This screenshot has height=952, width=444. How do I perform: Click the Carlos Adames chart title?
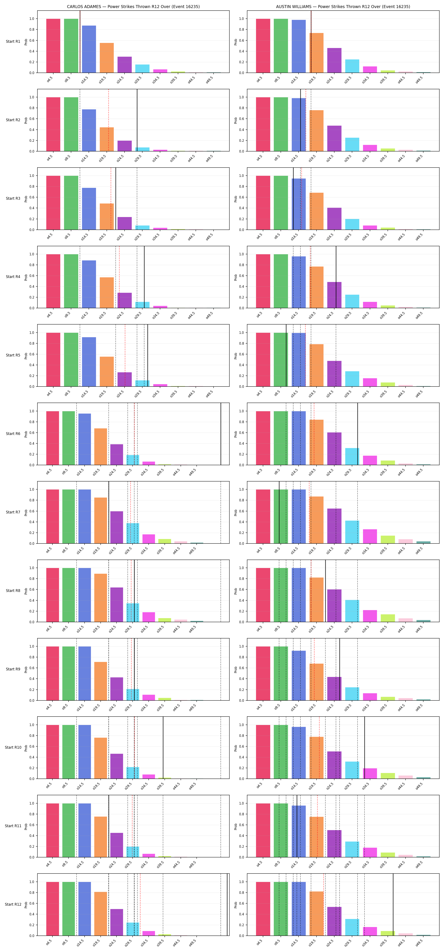pyautogui.click(x=133, y=7)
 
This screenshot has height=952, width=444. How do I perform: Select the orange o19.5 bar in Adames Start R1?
pyautogui.click(x=107, y=58)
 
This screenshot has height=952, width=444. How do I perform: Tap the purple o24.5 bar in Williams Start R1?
pyautogui.click(x=334, y=60)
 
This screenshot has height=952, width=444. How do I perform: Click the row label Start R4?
pyautogui.click(x=13, y=277)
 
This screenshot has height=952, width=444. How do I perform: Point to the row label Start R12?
pyautogui.click(x=13, y=904)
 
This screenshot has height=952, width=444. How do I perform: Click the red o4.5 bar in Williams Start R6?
pyautogui.click(x=263, y=438)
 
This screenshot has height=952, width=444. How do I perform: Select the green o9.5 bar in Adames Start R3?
pyautogui.click(x=71, y=202)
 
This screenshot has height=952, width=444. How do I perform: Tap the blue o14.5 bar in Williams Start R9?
pyautogui.click(x=299, y=675)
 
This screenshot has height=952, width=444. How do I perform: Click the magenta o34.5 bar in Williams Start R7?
pyautogui.click(x=370, y=536)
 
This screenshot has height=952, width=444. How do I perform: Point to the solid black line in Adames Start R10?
pyautogui.click(x=163, y=748)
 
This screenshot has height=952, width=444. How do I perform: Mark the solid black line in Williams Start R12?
pyautogui.click(x=393, y=904)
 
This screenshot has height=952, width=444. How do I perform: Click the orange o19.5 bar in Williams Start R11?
pyautogui.click(x=316, y=837)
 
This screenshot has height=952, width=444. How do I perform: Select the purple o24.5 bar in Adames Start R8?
pyautogui.click(x=117, y=605)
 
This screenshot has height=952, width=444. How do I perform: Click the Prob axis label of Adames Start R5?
pyautogui.click(x=26, y=356)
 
